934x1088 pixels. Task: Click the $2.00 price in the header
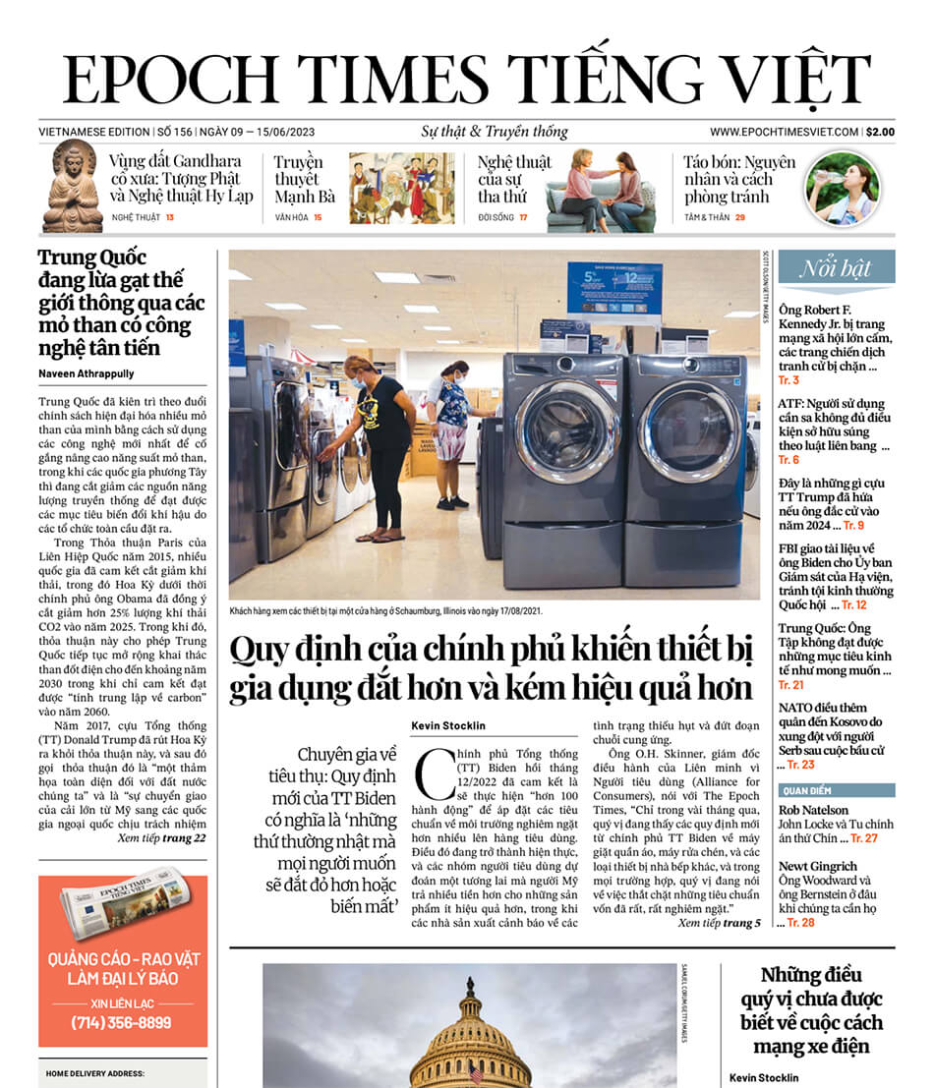coord(880,132)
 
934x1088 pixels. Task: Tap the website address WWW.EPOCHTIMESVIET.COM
coord(784,132)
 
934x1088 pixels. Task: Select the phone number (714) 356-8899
coord(122,1022)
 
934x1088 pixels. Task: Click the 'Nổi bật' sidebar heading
coord(836,268)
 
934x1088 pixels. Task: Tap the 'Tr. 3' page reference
coord(788,380)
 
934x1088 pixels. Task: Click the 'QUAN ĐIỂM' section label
coord(805,789)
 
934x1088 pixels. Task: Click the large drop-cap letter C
coord(433,773)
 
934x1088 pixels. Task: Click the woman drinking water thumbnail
coord(843,187)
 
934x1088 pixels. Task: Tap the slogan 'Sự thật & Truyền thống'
coord(481,132)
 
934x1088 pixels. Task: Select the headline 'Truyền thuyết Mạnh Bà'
coord(304,179)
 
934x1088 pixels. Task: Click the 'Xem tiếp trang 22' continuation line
coord(161,838)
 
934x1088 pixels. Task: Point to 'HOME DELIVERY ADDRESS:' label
coord(95,1074)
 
